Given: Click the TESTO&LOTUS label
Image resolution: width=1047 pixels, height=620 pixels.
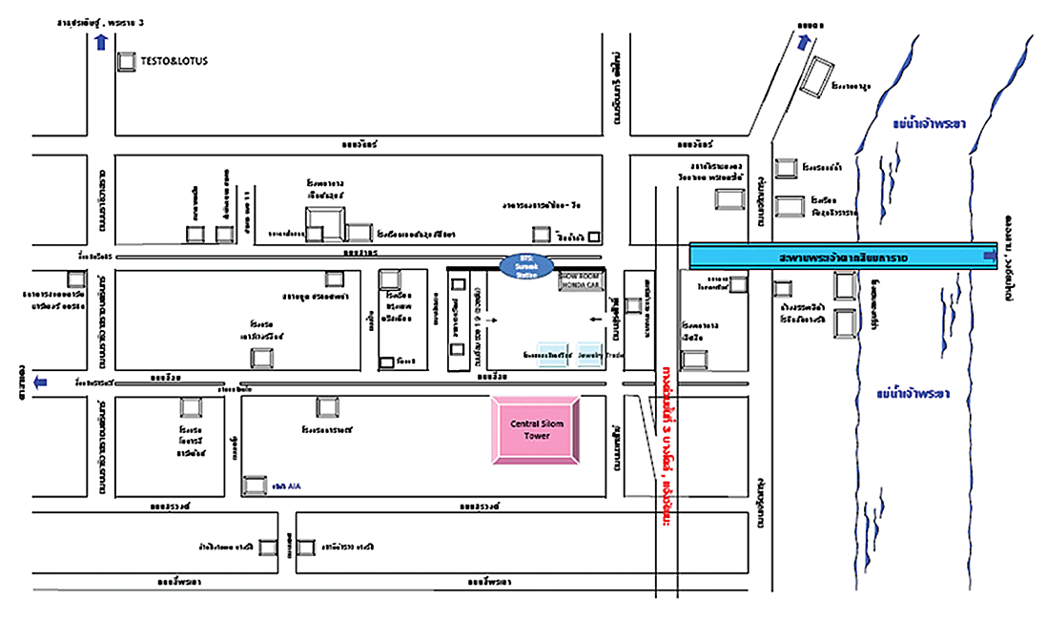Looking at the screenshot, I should [x=174, y=61].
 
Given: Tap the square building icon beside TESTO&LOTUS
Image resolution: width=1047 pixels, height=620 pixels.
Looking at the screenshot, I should [x=126, y=61].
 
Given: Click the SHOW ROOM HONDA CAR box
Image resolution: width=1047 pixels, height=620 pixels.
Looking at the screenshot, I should [x=581, y=280].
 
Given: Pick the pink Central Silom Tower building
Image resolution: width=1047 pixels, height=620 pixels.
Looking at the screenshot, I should [x=536, y=431].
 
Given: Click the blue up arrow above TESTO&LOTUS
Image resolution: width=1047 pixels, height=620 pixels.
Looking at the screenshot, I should [x=101, y=40].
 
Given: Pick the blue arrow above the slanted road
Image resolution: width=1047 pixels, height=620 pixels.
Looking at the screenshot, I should [x=805, y=41].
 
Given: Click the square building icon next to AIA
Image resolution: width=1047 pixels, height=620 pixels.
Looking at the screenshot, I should [x=255, y=486].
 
